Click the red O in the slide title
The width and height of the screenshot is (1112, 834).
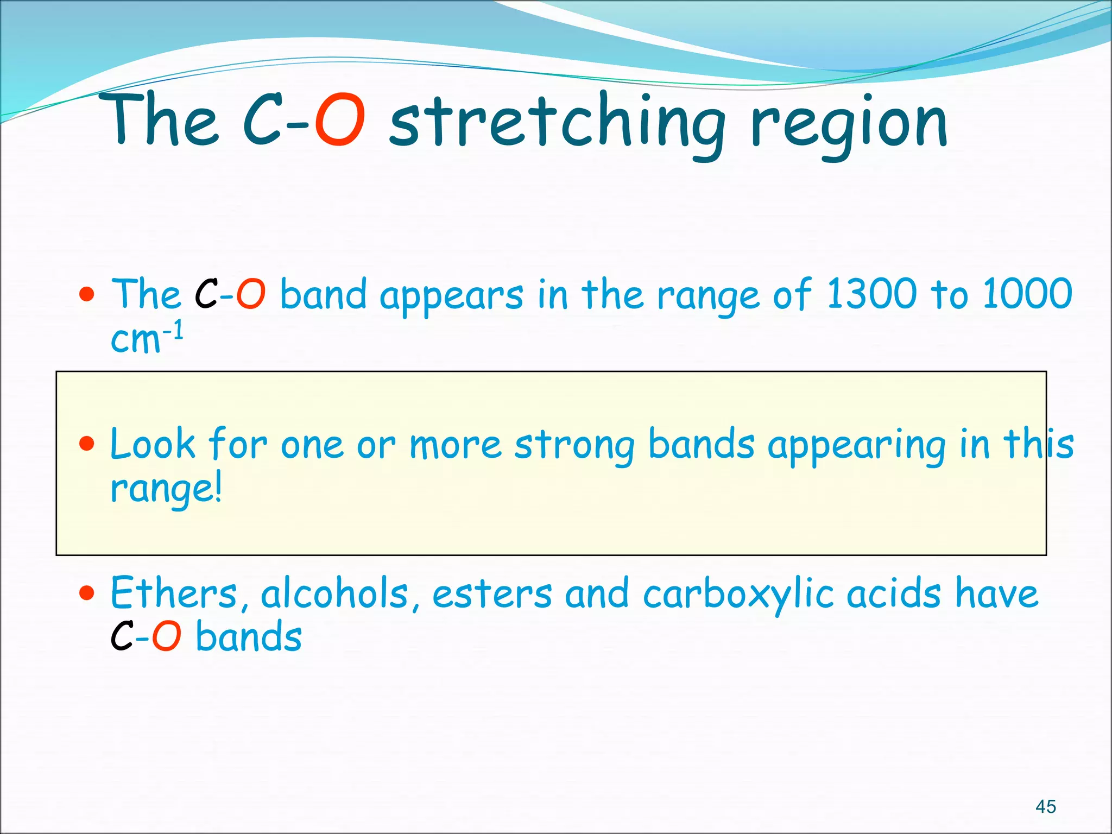point(340,121)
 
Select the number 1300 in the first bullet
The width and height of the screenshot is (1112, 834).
point(870,294)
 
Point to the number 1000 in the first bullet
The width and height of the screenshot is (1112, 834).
point(1027,294)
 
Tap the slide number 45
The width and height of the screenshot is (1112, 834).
point(1045,806)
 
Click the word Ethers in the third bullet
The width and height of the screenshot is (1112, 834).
point(174,593)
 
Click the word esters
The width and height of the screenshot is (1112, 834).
point(492,594)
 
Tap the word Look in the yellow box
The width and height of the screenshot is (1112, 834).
point(152,444)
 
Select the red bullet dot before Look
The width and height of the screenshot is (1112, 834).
point(86,444)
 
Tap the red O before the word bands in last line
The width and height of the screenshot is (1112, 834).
point(166,636)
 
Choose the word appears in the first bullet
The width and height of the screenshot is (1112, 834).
point(451,296)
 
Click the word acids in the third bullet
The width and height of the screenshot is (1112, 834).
point(894,593)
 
